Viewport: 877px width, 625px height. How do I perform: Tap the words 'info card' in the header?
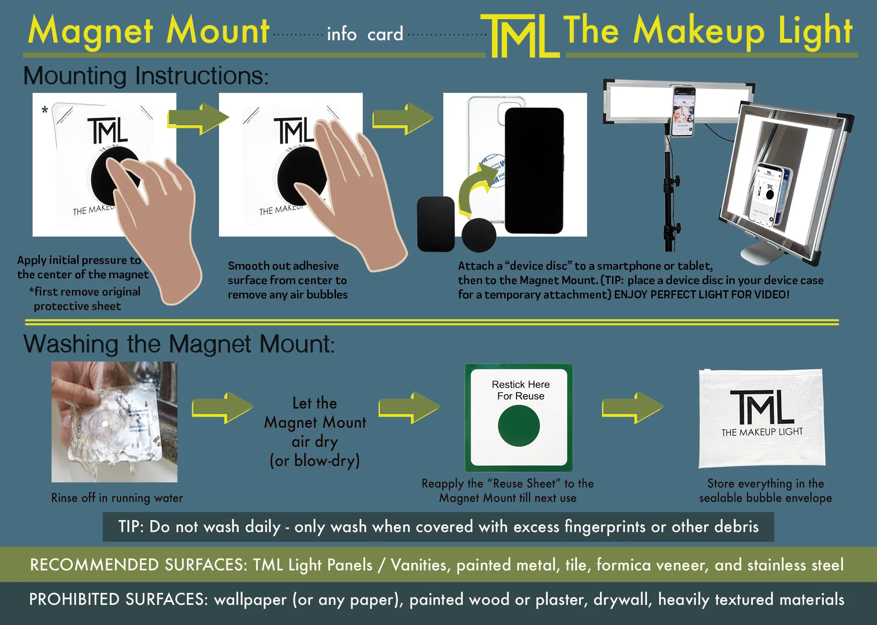coord(365,34)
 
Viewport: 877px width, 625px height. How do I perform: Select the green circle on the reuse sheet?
coord(519,426)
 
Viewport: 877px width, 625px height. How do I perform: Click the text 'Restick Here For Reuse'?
coord(520,390)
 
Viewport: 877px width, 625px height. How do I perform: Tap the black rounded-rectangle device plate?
coord(436,224)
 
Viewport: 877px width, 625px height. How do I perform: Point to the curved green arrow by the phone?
coord(475,189)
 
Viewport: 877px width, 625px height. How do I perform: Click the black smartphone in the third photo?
coord(534,170)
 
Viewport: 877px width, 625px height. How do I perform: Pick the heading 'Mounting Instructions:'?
coord(146,76)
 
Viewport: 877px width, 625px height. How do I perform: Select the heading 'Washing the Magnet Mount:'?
coord(179,344)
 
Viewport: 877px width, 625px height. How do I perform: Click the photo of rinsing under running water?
coord(114,421)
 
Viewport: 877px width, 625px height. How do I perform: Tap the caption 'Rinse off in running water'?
coord(117,498)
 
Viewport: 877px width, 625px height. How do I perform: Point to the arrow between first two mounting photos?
coord(198,118)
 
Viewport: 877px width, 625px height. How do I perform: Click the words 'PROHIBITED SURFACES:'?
coord(118,600)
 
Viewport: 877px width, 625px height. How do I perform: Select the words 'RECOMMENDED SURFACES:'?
coord(138,565)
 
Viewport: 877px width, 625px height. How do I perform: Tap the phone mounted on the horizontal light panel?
coord(683,112)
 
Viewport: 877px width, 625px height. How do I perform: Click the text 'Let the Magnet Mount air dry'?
coord(315,422)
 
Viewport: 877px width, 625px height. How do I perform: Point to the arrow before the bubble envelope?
coord(632,408)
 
